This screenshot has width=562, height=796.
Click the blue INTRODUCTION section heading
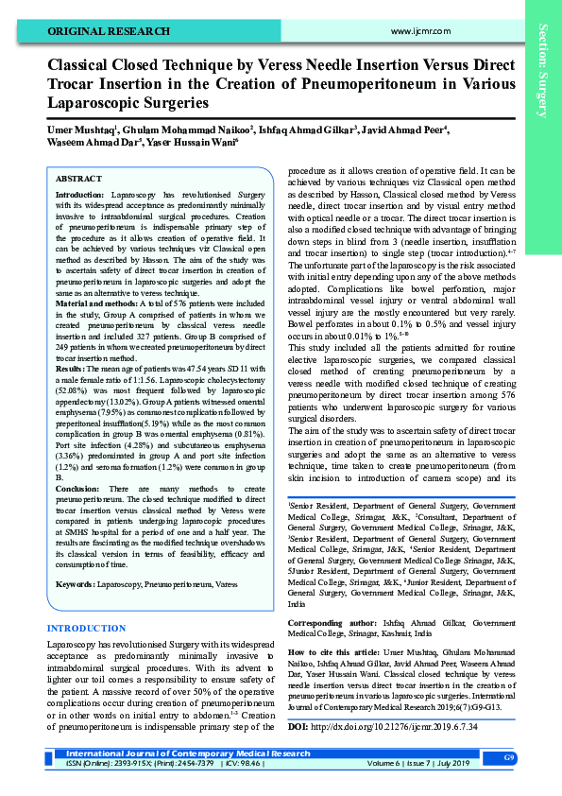pos(86,629)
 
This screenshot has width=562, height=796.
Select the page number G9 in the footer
pos(508,758)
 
